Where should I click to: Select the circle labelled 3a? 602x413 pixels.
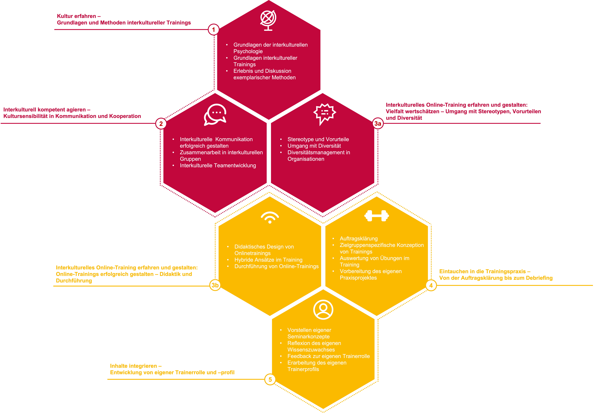click(x=378, y=124)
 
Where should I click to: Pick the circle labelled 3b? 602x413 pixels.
click(x=215, y=285)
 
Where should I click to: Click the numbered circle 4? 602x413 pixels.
click(x=431, y=285)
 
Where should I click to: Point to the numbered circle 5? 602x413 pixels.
click(x=270, y=380)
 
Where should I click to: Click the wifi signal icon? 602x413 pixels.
click(x=270, y=218)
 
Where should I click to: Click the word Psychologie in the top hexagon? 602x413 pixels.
click(x=248, y=51)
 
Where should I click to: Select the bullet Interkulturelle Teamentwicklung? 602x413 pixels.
click(x=218, y=165)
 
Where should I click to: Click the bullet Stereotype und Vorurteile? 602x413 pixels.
click(x=318, y=139)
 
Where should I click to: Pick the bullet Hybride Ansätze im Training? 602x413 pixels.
click(x=268, y=260)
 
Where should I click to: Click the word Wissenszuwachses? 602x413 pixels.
click(x=311, y=350)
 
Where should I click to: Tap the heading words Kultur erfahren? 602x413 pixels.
click(x=76, y=16)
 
